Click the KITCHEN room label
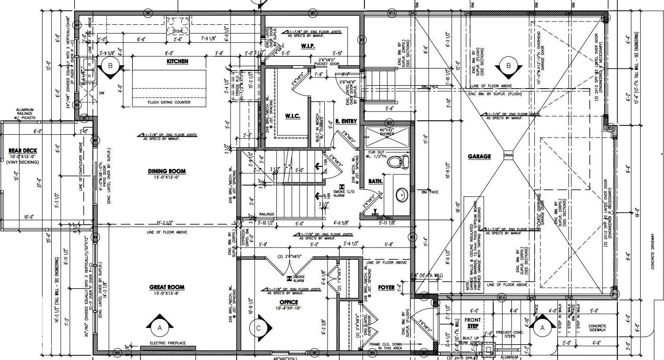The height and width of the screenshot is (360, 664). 177,62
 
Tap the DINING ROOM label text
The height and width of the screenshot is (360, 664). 167,171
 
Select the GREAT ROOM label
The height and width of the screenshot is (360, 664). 167,287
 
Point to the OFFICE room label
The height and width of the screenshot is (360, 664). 289,303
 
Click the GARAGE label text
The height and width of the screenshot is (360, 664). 479,157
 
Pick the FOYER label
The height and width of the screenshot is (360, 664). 386,288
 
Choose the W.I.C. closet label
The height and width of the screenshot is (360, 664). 293,116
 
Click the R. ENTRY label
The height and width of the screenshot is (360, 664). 346,121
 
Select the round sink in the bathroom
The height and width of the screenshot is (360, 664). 400,194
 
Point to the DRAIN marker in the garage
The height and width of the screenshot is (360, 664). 508,155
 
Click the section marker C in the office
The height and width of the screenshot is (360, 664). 258,328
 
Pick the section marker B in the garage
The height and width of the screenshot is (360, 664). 509,66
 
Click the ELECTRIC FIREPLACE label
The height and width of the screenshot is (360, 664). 168,343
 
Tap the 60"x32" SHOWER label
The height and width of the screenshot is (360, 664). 386,132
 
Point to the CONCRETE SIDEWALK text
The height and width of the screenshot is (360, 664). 597,328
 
